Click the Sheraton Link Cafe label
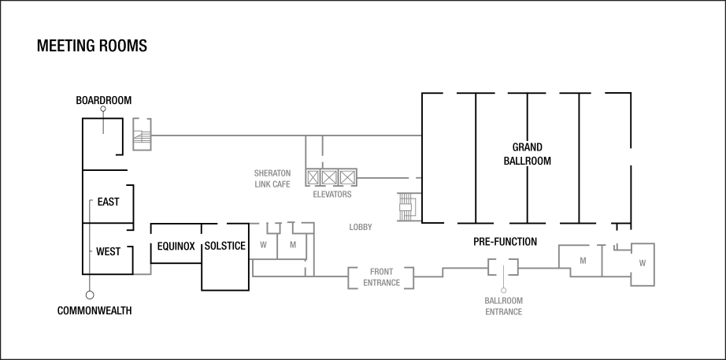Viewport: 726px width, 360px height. click(x=272, y=178)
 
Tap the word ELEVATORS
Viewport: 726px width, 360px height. click(x=332, y=194)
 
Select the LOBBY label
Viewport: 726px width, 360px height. click(x=361, y=228)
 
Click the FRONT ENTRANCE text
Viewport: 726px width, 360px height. click(x=381, y=277)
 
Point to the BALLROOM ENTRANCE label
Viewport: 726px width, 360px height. click(x=503, y=306)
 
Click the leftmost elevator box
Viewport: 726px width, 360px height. click(x=313, y=177)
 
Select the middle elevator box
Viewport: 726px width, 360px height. click(x=330, y=177)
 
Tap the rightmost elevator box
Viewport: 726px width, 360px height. click(x=347, y=177)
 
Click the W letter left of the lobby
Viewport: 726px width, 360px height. click(x=263, y=245)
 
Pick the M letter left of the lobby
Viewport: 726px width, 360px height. click(x=292, y=245)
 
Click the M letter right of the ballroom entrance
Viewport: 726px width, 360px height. click(x=583, y=260)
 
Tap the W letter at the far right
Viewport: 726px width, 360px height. click(x=642, y=262)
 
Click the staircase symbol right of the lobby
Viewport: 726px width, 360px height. click(x=407, y=206)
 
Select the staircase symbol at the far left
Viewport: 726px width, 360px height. click(x=142, y=135)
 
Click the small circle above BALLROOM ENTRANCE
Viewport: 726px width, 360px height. click(x=503, y=291)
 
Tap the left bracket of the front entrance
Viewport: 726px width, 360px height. click(x=350, y=277)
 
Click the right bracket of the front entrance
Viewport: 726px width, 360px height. click(x=411, y=277)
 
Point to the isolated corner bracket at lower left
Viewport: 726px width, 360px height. click(x=145, y=271)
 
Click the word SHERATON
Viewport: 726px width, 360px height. click(x=272, y=173)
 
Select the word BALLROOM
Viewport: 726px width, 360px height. click(x=503, y=300)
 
